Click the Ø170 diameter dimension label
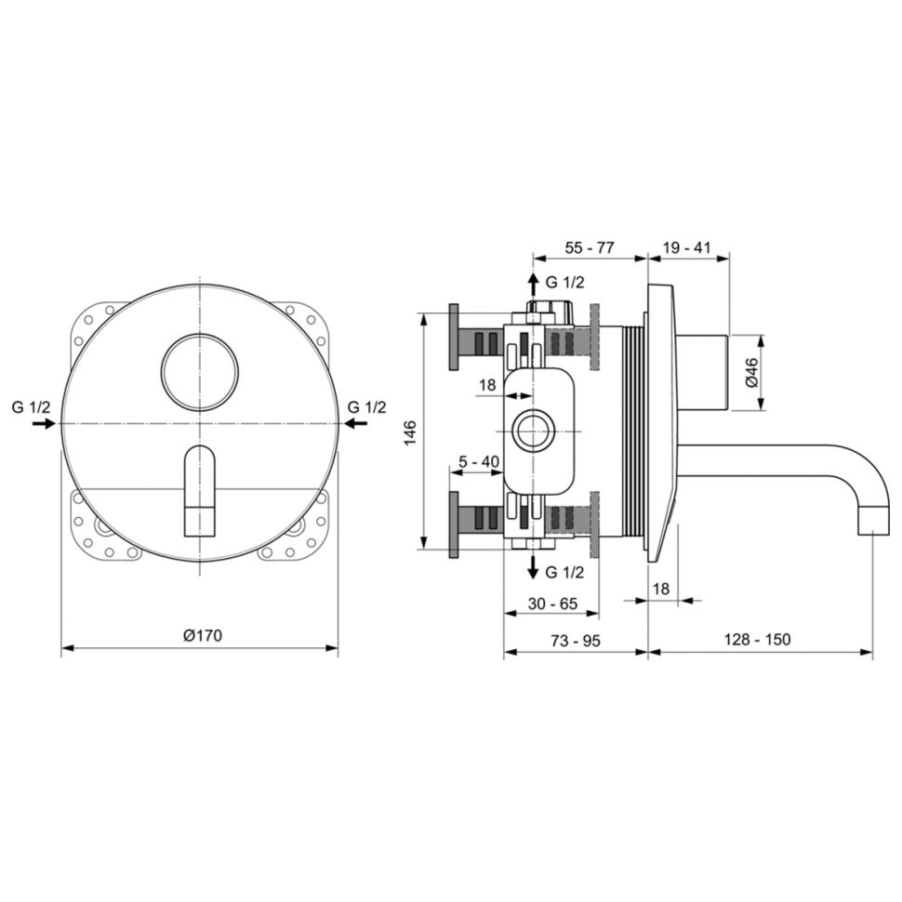(203, 635)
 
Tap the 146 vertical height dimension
(410, 432)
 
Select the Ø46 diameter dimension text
(751, 373)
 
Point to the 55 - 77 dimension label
(590, 247)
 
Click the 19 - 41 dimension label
(687, 247)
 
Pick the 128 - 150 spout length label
(757, 639)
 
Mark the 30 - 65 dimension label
(552, 604)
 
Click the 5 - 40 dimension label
(479, 461)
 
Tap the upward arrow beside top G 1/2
(533, 285)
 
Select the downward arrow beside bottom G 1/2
(533, 567)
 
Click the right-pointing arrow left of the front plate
(43, 423)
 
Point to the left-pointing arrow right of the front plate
(357, 423)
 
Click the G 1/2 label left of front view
(31, 407)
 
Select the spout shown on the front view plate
(200, 491)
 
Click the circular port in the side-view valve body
(533, 431)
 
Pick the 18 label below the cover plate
(661, 589)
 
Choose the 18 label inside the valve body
(487, 385)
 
